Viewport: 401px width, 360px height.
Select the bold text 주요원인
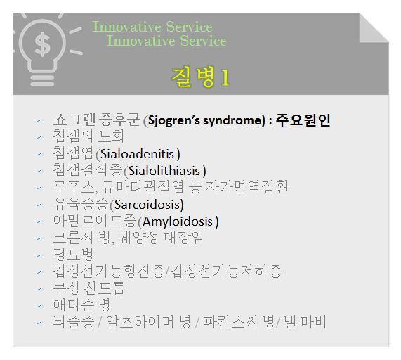(x=303, y=120)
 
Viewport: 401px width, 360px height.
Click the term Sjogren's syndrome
(x=204, y=120)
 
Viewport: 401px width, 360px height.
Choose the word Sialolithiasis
(x=165, y=171)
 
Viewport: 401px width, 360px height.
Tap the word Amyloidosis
(x=179, y=221)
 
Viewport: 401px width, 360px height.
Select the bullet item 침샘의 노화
(x=89, y=137)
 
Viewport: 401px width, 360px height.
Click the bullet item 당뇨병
(x=73, y=255)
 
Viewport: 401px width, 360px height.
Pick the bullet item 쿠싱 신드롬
(x=89, y=288)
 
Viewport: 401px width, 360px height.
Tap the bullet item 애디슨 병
(x=81, y=305)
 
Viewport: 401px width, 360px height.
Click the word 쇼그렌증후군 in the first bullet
(x=97, y=120)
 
